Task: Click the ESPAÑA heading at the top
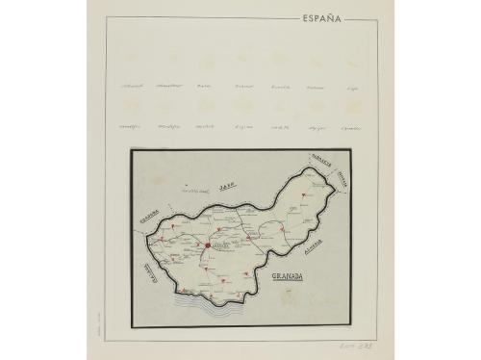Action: (x=321, y=17)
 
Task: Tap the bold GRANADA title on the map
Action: (x=287, y=276)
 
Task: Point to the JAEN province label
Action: (x=227, y=186)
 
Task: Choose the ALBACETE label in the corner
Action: (x=320, y=165)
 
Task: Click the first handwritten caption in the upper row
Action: (x=132, y=86)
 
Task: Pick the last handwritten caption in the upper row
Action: (x=352, y=87)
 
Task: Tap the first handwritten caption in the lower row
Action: (x=129, y=126)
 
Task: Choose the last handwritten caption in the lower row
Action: (x=351, y=126)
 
